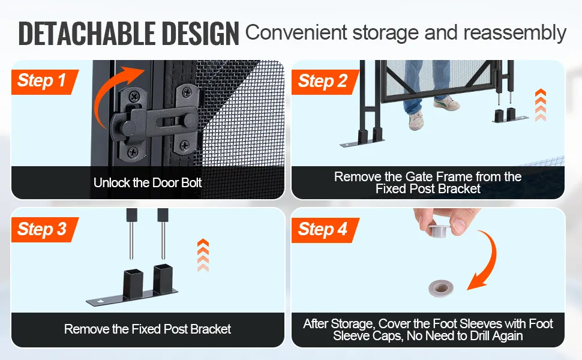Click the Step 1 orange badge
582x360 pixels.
point(45,82)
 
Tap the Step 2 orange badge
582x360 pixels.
point(325,82)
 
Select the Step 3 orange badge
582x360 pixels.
point(45,229)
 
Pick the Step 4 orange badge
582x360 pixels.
point(325,229)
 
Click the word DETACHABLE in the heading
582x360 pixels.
point(87,34)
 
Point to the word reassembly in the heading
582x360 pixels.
point(515,32)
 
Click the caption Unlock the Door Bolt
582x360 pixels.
point(148,182)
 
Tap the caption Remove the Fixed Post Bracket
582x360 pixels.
point(148,329)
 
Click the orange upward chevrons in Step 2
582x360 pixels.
point(541,105)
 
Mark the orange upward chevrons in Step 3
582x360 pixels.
point(203,255)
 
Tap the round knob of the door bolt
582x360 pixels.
point(128,128)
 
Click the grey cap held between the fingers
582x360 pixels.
point(438,230)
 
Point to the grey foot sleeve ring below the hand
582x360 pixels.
point(441,288)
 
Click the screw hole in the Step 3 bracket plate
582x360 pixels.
point(100,301)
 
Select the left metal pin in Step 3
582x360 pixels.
point(131,234)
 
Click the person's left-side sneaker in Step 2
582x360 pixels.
point(416,121)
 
